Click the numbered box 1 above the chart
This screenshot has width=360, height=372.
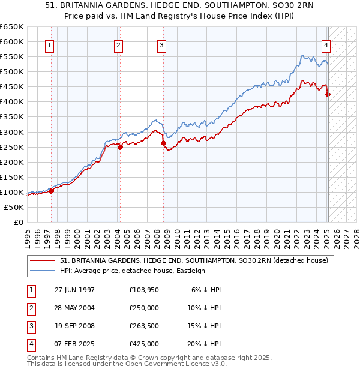pos(49,44)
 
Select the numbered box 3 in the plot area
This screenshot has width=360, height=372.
pos(162,44)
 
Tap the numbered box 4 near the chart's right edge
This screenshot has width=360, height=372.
pos(325,44)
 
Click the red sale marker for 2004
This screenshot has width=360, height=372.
pos(120,146)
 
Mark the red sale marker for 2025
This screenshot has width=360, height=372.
pos(328,94)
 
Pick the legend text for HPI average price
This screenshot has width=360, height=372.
pos(133,271)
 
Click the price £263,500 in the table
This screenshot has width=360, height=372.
pos(144,326)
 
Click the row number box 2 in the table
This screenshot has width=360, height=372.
pos(29,308)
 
